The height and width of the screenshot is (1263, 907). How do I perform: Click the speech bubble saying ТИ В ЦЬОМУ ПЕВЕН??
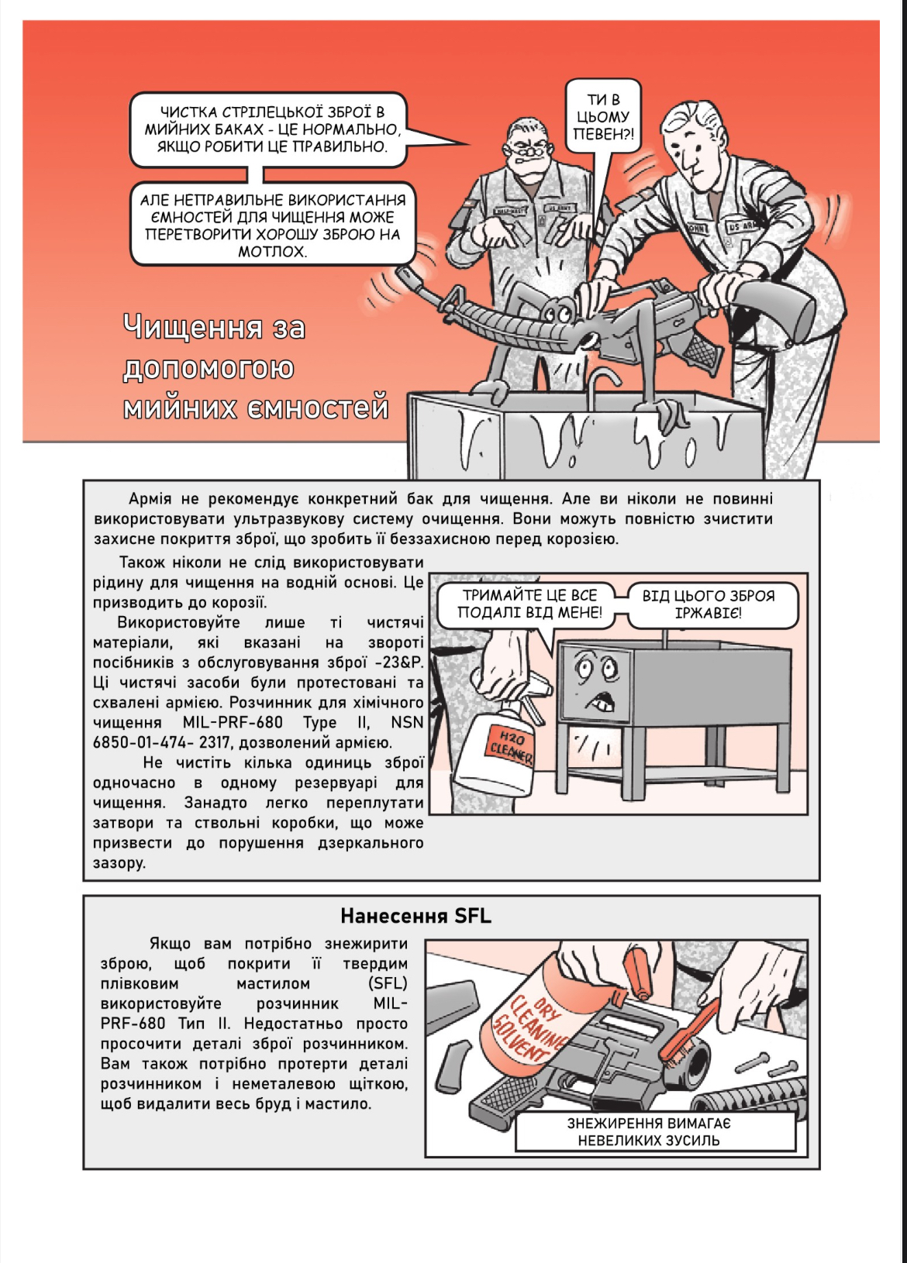click(x=603, y=117)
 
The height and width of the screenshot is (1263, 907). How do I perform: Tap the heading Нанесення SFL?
click(x=416, y=916)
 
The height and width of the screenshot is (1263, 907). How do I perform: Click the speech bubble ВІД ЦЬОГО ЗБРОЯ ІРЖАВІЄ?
click(x=708, y=604)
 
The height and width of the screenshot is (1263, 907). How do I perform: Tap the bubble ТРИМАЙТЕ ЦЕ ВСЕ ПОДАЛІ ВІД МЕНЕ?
click(x=529, y=604)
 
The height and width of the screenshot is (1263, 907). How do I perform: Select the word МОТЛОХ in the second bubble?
click(x=272, y=251)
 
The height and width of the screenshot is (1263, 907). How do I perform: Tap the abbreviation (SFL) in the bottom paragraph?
click(x=388, y=984)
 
